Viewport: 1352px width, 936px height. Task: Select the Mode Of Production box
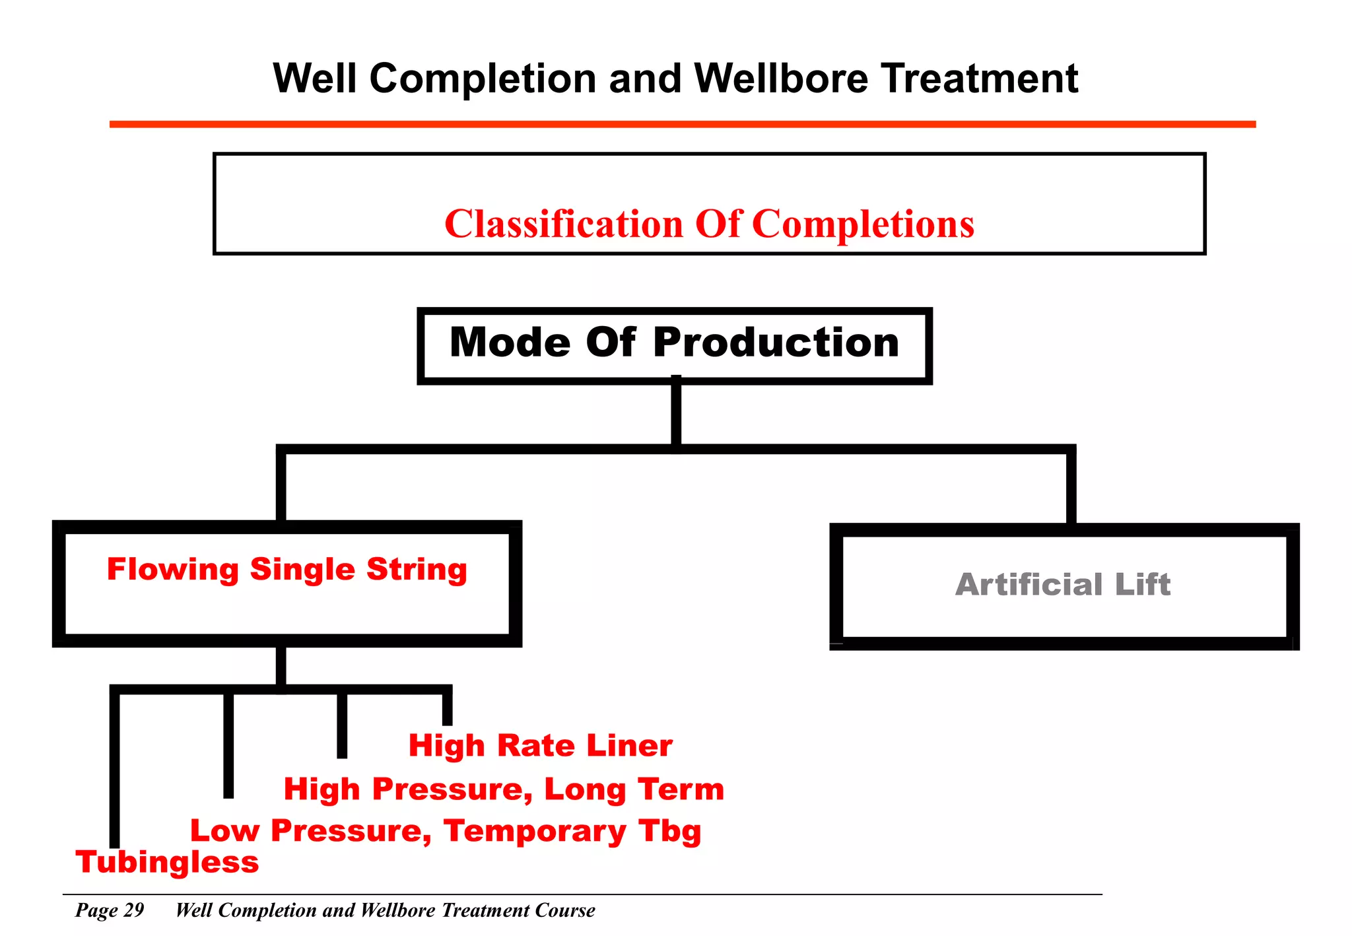coord(674,345)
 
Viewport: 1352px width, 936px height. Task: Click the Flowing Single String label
coord(287,569)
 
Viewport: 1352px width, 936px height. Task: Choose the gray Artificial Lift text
coord(1063,584)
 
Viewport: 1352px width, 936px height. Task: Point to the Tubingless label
coord(167,862)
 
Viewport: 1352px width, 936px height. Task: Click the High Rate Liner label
coord(540,746)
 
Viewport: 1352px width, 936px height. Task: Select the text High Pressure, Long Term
coord(504,789)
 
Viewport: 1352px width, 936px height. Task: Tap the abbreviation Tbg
coord(669,832)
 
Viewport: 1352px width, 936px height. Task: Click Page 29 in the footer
coord(110,910)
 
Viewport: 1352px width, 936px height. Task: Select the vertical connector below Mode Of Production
coord(676,415)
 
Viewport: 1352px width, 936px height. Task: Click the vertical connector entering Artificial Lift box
coord(1071,488)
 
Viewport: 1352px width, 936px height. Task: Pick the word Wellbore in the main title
coord(782,79)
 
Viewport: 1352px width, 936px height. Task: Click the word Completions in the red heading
coord(863,224)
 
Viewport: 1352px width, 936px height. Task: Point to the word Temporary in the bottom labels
coord(535,831)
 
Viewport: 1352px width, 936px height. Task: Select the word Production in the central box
coord(776,343)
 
